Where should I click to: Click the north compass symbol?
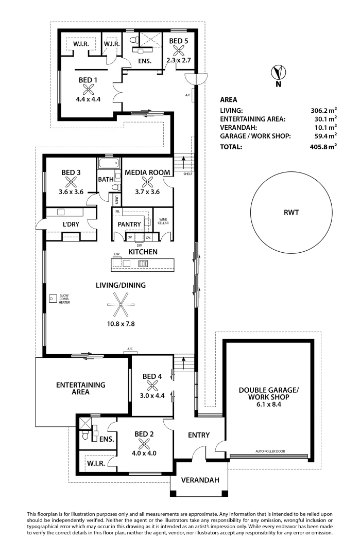click(279, 73)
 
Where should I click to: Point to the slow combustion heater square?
click(52, 298)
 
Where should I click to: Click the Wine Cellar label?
click(163, 222)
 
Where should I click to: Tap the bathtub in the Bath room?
click(108, 165)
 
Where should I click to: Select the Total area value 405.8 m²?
click(323, 147)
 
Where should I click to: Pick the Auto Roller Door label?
click(270, 451)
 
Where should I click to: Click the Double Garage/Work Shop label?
click(268, 394)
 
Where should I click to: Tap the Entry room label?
click(198, 435)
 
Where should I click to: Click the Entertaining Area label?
click(81, 388)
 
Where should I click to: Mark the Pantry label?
click(129, 224)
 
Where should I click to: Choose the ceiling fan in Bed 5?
click(179, 50)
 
